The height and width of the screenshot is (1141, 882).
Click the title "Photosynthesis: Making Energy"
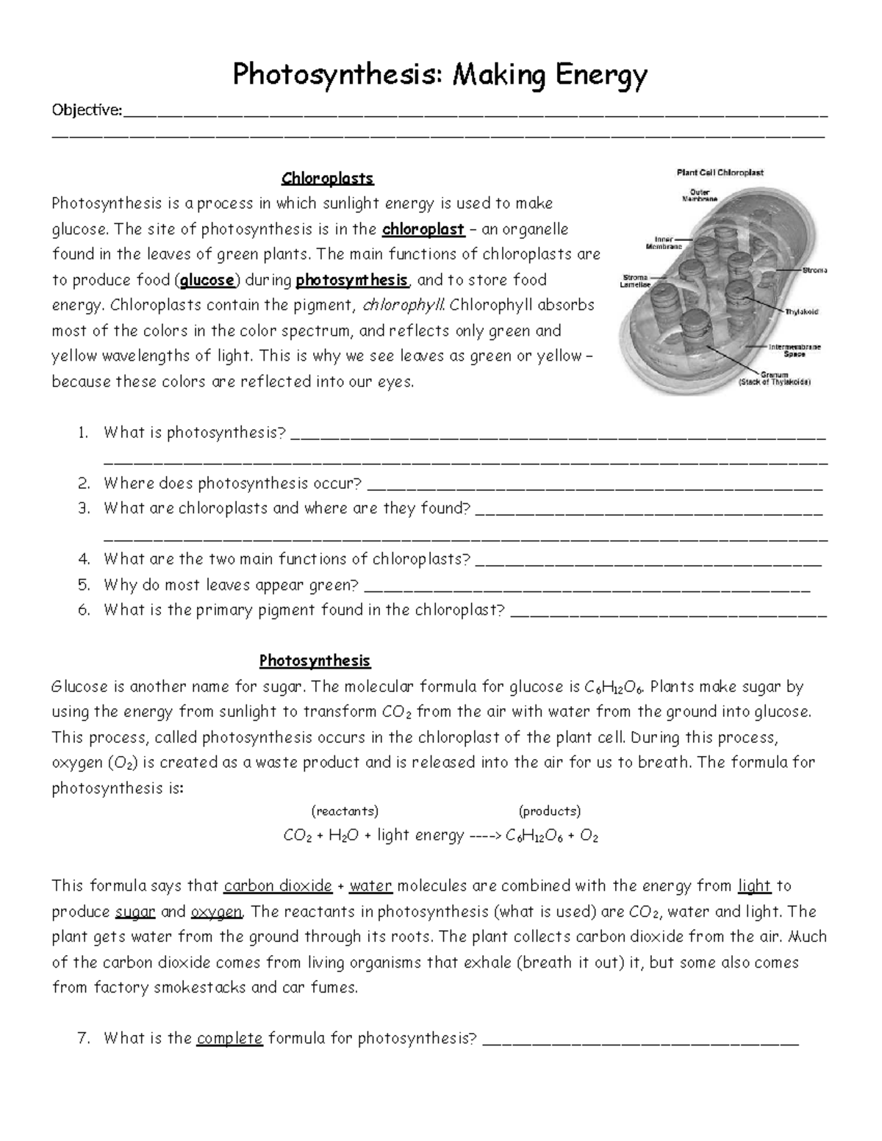440,75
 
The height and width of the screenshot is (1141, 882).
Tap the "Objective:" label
87,110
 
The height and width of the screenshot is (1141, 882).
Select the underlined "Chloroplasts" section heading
328,179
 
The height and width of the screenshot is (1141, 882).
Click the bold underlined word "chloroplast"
423,229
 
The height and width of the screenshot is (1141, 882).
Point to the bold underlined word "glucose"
207,280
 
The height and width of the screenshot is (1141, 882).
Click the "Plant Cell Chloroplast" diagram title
720,173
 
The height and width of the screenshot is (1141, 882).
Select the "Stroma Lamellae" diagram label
634,281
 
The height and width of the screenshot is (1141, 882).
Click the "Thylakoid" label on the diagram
801,312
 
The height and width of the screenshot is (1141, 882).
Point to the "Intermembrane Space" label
795,350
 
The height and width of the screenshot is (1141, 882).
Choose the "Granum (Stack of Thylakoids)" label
774,378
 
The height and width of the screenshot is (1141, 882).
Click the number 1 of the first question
83,433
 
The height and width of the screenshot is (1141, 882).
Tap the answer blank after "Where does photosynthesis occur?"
594,486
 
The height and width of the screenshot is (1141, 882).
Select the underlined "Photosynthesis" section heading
315,661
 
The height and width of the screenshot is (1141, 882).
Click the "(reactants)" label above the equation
345,811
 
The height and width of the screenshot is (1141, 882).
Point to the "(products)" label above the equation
550,811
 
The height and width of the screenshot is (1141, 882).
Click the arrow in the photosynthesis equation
484,836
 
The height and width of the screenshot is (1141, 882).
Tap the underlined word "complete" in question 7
229,1038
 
